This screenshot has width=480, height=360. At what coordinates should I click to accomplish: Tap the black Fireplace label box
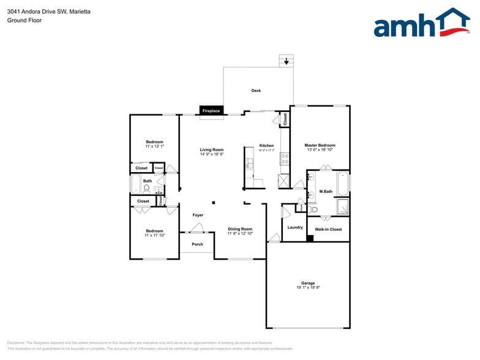click(211, 111)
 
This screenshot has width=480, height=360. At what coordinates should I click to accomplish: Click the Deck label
click(256, 91)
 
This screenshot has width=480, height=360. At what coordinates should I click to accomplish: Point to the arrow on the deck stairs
click(286, 61)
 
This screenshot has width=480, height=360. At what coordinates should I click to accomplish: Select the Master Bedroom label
click(320, 145)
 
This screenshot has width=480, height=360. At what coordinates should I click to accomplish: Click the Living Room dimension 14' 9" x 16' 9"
click(212, 154)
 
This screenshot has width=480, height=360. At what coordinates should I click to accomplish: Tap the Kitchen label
click(266, 145)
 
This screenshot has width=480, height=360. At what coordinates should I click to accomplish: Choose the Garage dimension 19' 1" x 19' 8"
click(307, 288)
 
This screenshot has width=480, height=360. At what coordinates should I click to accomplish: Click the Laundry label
click(295, 227)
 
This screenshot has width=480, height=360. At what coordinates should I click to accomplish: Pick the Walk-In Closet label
click(328, 229)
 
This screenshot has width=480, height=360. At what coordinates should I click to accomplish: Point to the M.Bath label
click(326, 192)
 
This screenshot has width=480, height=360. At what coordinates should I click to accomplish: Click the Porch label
click(197, 244)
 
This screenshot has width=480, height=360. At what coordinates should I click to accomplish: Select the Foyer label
click(198, 215)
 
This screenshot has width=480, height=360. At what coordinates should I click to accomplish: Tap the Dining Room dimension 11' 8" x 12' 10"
click(240, 233)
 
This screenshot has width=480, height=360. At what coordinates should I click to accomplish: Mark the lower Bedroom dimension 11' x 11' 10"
click(154, 236)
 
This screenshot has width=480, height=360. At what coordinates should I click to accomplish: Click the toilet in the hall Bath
click(147, 189)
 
